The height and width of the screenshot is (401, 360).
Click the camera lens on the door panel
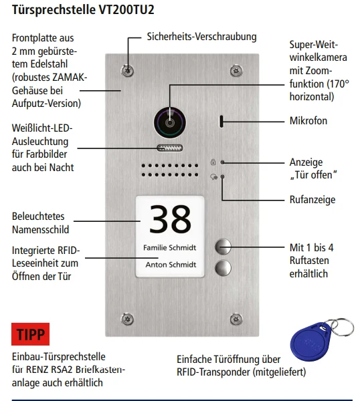pos(170,122)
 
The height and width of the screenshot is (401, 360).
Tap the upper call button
pos(223,247)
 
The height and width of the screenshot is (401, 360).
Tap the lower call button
pos(223,268)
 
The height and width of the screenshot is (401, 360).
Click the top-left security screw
pos(128,71)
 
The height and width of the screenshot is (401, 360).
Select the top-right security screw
pos(236,71)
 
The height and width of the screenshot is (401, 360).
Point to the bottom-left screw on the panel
pos(127,319)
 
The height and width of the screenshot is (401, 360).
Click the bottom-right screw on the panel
pos(236,319)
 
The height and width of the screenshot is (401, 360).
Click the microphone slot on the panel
pos(221,122)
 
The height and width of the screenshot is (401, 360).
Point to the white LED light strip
pos(170,148)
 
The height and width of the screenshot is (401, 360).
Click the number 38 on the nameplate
pos(170,219)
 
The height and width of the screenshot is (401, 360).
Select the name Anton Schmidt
pos(171,265)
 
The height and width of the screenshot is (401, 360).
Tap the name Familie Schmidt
pos(170,247)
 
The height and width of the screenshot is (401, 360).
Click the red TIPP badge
pos(31,334)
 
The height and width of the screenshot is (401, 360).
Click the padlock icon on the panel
pos(213,162)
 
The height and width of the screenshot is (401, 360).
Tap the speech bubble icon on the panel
pos(214,176)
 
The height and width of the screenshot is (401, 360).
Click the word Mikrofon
pos(308,121)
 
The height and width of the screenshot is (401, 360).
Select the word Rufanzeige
pos(312,199)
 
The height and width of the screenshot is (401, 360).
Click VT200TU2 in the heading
pos(126,10)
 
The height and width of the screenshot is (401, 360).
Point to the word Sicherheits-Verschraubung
pos(201,37)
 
